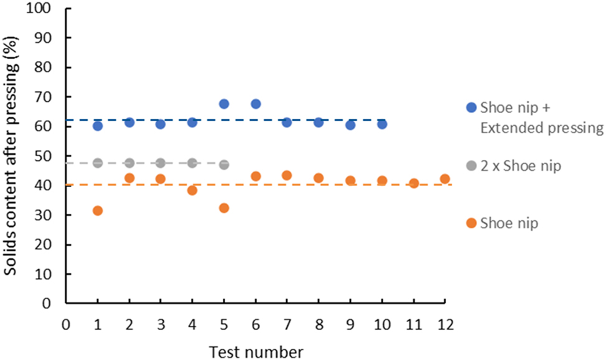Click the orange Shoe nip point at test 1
pos(97,211)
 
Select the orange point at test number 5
pos(224,208)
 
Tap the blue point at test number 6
pos(255,104)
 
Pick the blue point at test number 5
pos(224,104)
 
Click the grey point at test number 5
pos(224,165)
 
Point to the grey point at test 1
pos(97,163)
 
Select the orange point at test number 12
pos(444,179)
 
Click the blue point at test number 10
pos(381,124)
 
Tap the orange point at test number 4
pos(192,190)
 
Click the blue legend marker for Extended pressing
pos(471,108)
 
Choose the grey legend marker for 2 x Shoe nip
pos(471,166)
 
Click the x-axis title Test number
pos(255,352)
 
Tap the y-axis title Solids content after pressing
pos(12,155)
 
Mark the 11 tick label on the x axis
pos(413,325)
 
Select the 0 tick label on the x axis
pos(66,325)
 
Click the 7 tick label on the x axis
pos(287,325)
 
